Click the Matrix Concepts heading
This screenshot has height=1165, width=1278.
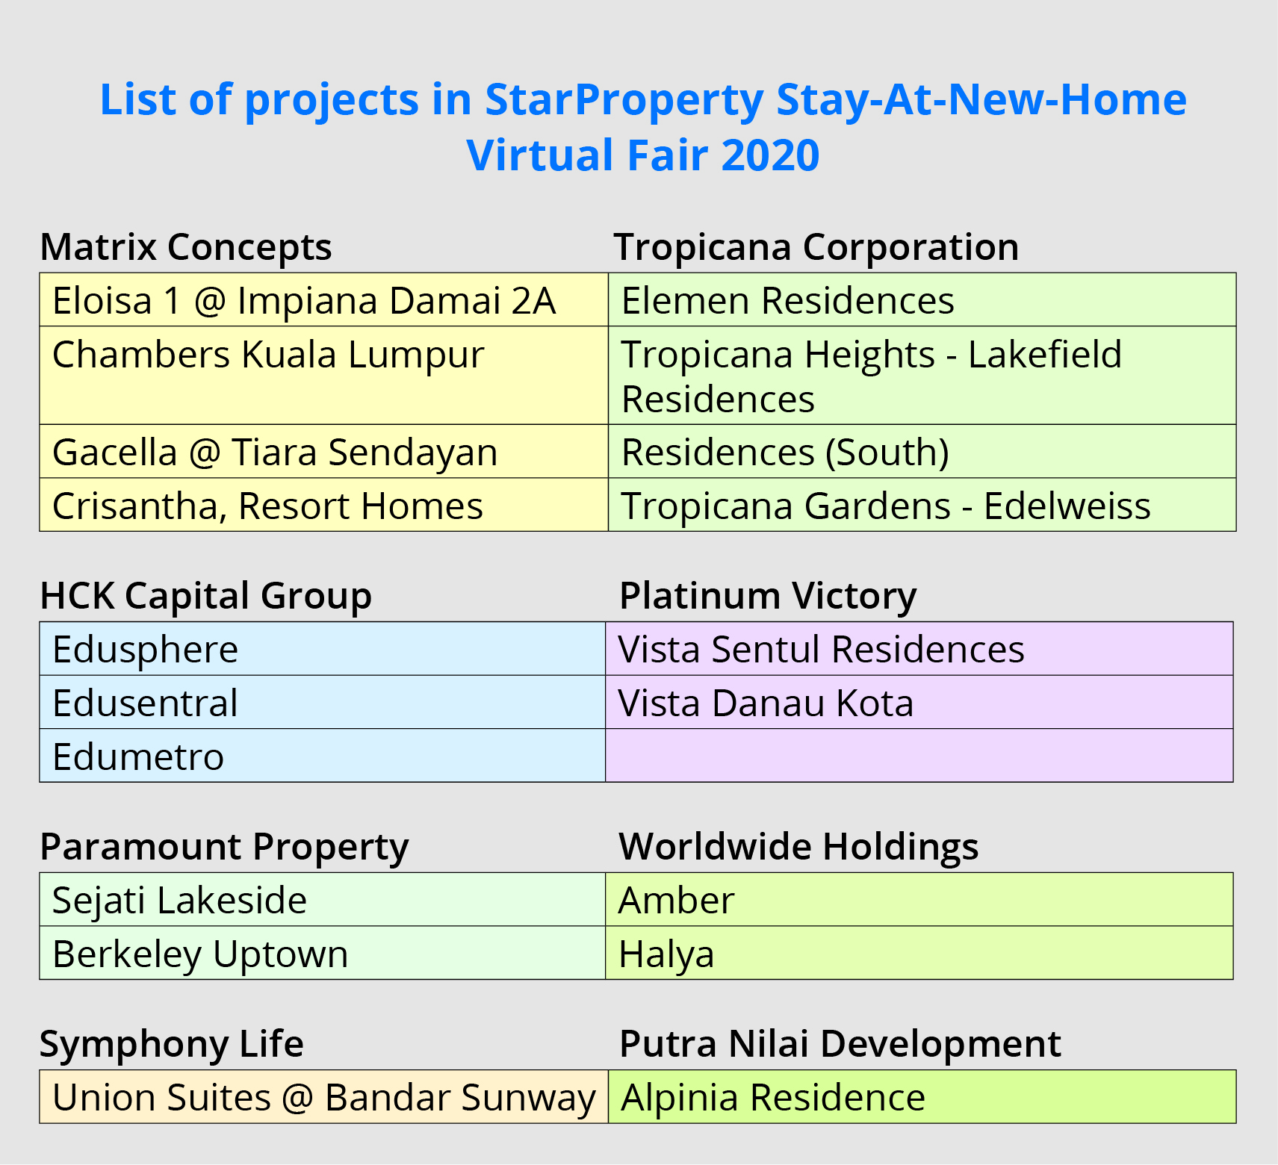pyautogui.click(x=186, y=248)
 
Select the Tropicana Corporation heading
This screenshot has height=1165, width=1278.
pyautogui.click(x=816, y=248)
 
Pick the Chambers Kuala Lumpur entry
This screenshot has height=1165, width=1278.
pyautogui.click(x=268, y=355)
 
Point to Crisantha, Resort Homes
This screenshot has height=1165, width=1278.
pyautogui.click(x=267, y=506)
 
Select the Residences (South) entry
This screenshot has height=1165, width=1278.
pyautogui.click(x=785, y=453)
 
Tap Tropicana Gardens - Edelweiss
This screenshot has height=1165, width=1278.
pyautogui.click(x=886, y=506)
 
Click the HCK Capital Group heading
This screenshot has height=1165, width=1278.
pyautogui.click(x=206, y=597)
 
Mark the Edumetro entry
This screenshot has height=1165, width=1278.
pyautogui.click(x=138, y=757)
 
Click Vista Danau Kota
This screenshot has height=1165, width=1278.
pyautogui.click(x=766, y=703)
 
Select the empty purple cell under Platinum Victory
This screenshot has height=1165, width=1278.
pyautogui.click(x=919, y=756)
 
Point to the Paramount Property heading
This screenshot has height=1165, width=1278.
pyautogui.click(x=224, y=848)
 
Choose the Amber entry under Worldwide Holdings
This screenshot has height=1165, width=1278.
pyautogui.click(x=677, y=901)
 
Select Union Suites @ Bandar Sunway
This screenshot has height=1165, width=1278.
pyautogui.click(x=324, y=1098)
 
